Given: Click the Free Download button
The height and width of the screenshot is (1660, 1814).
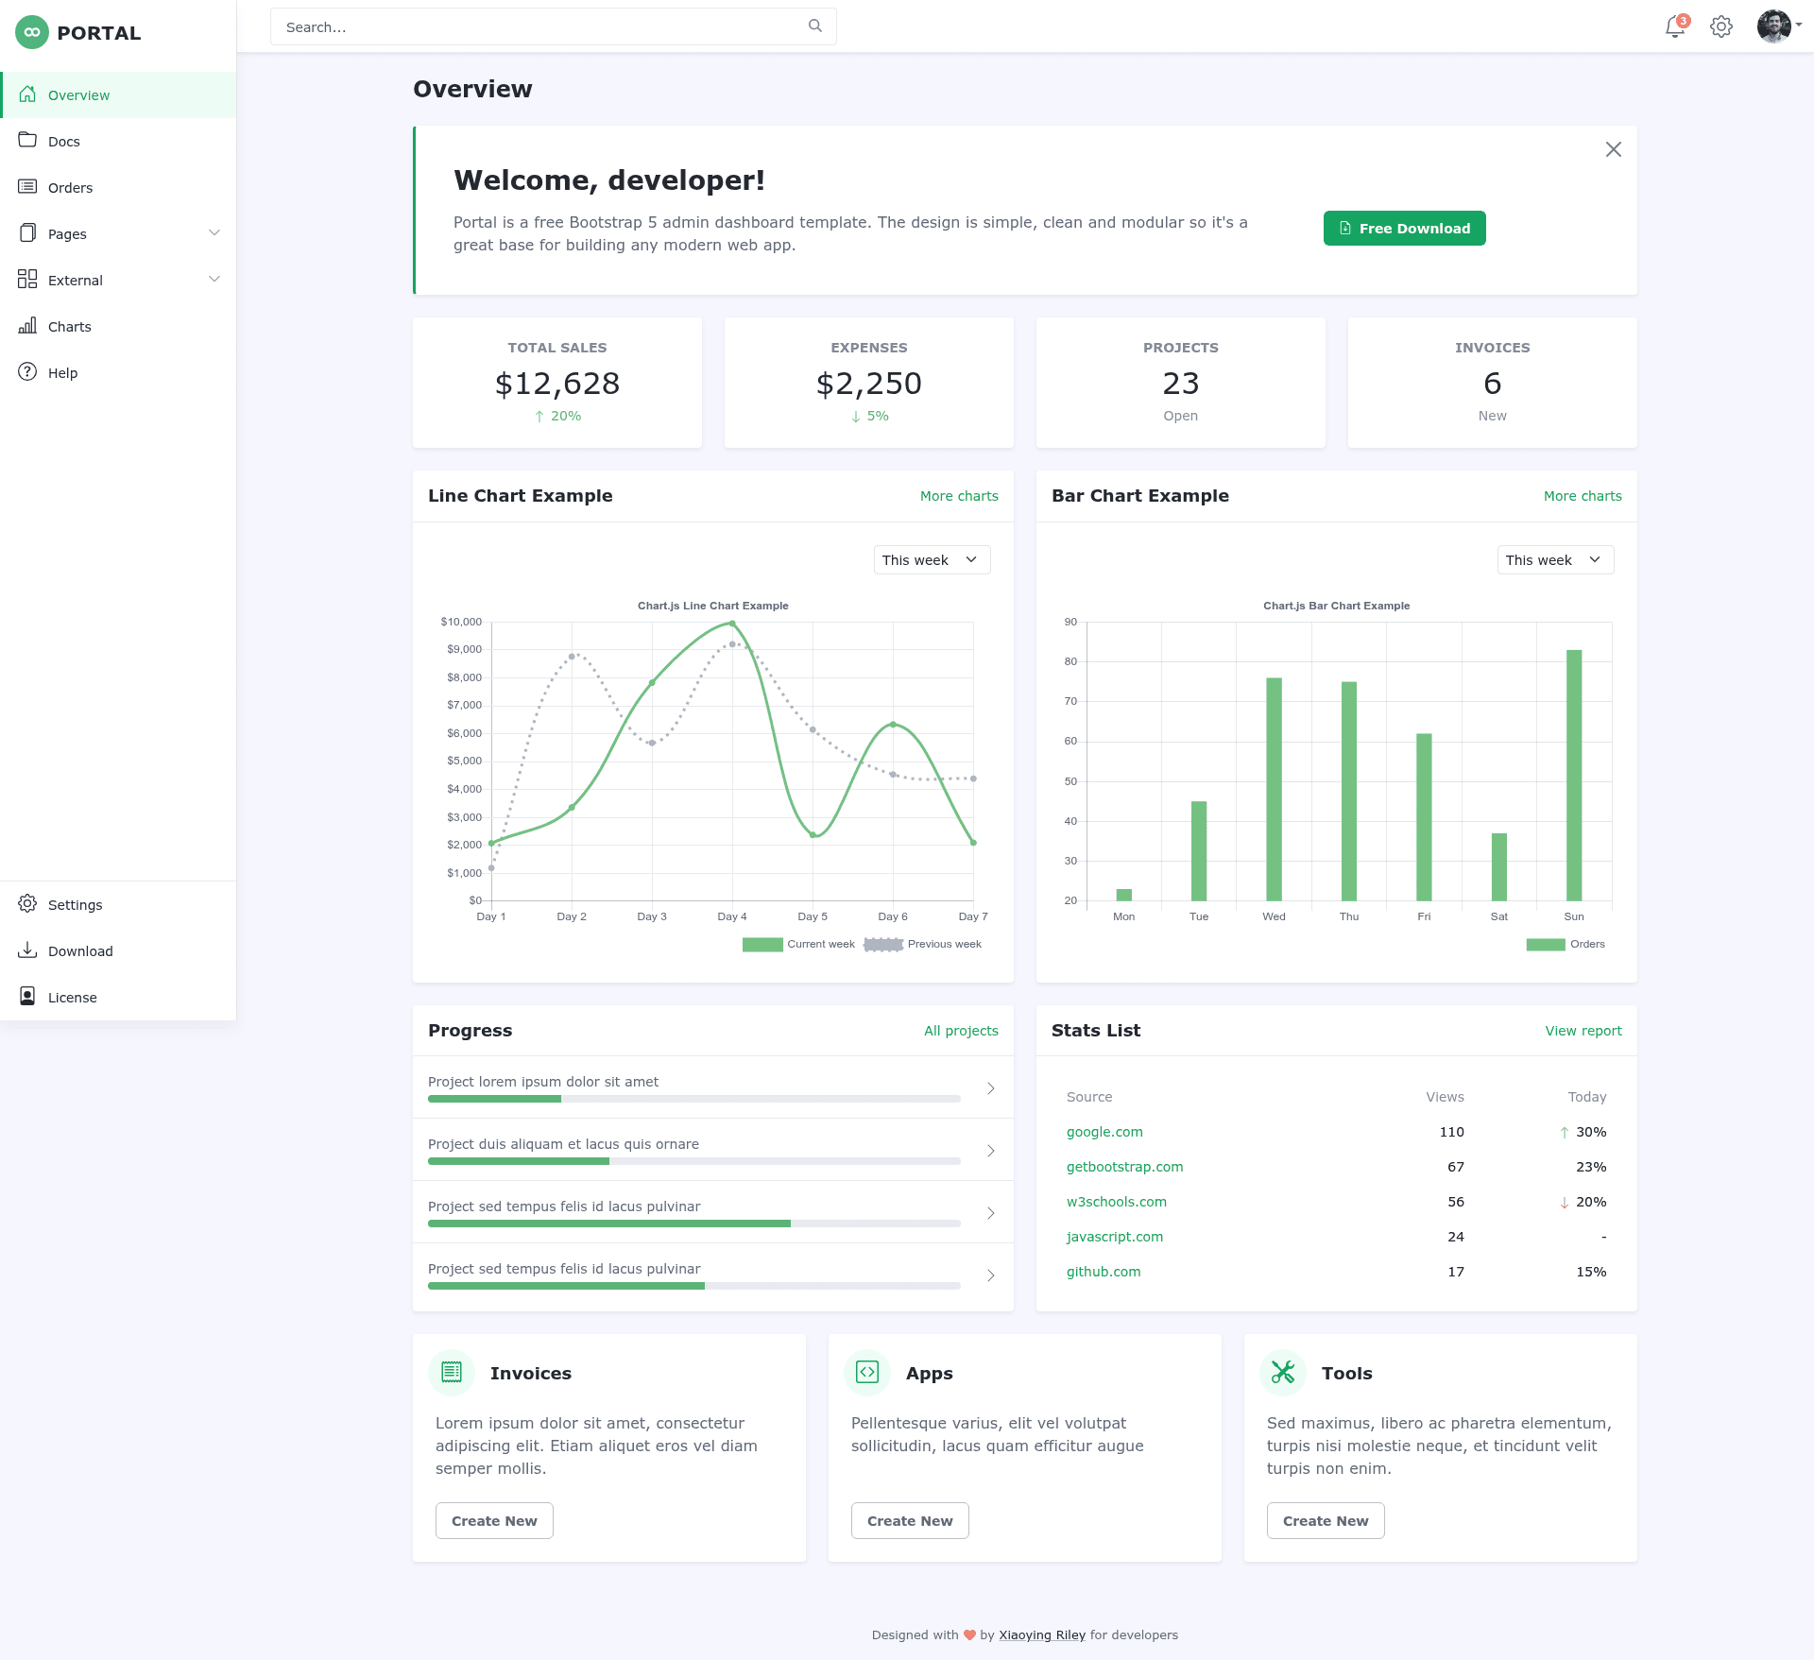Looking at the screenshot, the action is tap(1404, 229).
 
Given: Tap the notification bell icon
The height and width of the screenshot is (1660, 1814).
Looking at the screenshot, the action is tap(1675, 26).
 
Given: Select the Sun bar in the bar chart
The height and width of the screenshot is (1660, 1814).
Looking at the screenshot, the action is tap(1574, 776).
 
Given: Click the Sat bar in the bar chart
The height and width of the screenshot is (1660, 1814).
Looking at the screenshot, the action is tap(1499, 867).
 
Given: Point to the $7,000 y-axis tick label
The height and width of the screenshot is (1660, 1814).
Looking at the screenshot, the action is tap(464, 706).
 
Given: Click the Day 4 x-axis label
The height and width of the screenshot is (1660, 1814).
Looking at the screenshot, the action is tap(732, 916).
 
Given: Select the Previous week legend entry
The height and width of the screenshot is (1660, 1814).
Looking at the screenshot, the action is tap(923, 945).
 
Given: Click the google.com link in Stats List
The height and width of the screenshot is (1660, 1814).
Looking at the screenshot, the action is tap(1104, 1132).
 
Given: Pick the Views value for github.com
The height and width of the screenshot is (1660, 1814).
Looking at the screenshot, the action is tap(1456, 1272).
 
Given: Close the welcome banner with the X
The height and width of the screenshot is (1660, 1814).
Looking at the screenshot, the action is tap(1614, 149).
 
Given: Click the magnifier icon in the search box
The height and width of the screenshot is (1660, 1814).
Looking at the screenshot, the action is tap(815, 26).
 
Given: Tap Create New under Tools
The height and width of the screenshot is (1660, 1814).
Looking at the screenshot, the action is tap(1326, 1521).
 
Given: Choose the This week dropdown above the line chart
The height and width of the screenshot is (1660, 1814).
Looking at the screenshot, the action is tap(932, 560).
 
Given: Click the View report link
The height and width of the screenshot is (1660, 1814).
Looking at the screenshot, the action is tap(1583, 1031).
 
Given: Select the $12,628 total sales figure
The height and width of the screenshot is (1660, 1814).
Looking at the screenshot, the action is tap(557, 384).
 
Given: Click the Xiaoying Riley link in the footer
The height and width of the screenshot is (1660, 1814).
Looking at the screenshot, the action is tap(1042, 1635).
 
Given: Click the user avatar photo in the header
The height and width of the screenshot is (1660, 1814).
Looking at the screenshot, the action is tap(1773, 26).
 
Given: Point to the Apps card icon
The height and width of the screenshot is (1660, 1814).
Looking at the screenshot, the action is tap(867, 1372).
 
